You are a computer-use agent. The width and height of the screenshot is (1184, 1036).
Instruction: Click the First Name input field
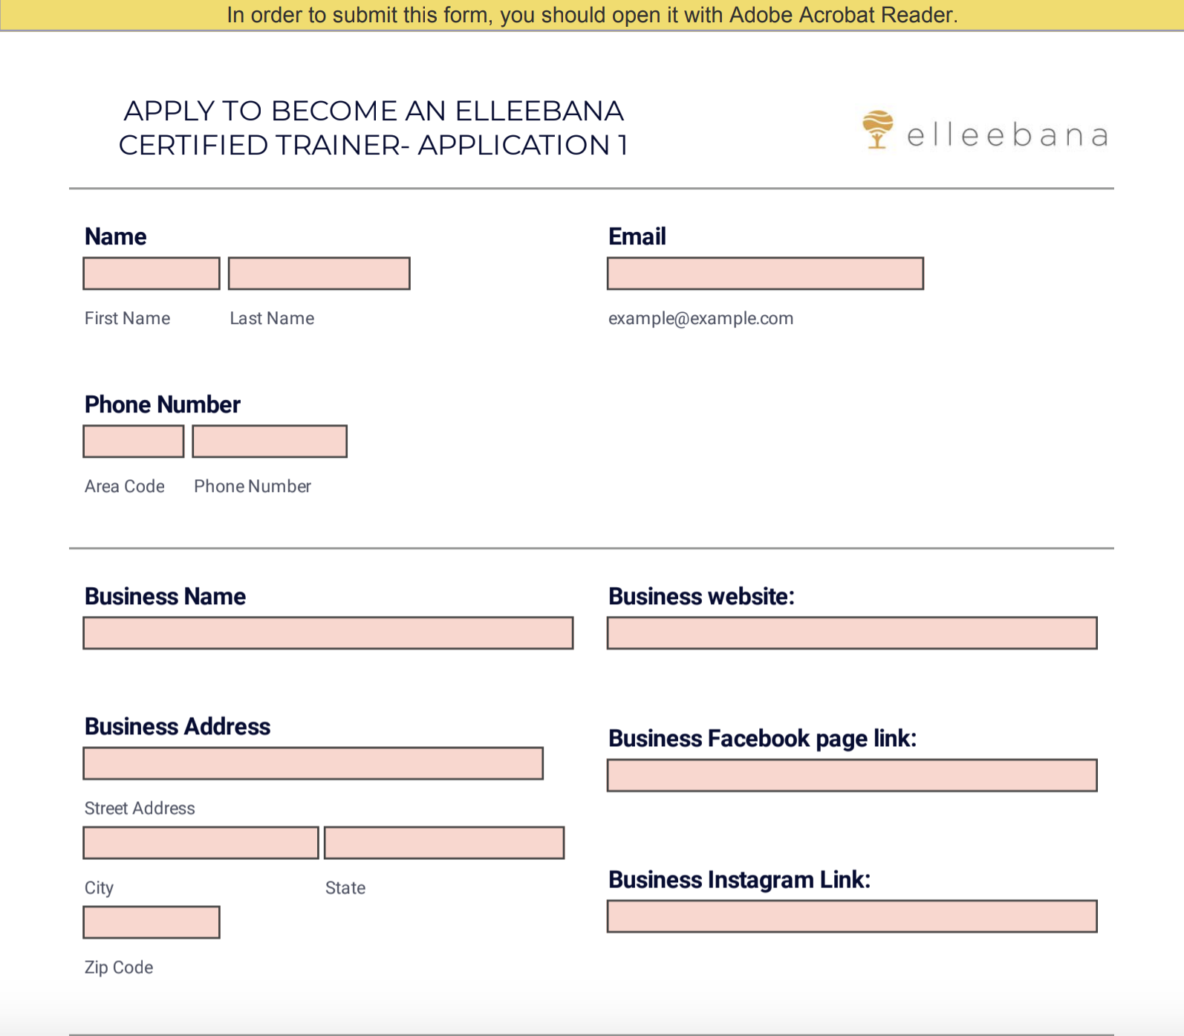pyautogui.click(x=152, y=273)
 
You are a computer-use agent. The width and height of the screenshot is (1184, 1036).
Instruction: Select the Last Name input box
pyautogui.click(x=319, y=273)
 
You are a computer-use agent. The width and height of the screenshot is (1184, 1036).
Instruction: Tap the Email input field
pyautogui.click(x=765, y=273)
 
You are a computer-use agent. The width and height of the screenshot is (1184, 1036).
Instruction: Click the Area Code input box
pyautogui.click(x=134, y=441)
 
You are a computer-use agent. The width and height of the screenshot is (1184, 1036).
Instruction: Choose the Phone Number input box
pyautogui.click(x=270, y=441)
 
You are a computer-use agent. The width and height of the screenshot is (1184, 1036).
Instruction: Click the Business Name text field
pyautogui.click(x=328, y=633)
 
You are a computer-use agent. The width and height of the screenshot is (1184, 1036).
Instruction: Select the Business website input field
pyautogui.click(x=852, y=633)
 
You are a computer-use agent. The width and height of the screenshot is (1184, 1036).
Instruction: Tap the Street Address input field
pyautogui.click(x=313, y=763)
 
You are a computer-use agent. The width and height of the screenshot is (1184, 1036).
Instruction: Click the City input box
pyautogui.click(x=201, y=843)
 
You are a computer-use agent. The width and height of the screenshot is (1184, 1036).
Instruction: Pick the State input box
pyautogui.click(x=444, y=843)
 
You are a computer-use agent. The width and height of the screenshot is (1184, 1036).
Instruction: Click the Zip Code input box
pyautogui.click(x=152, y=922)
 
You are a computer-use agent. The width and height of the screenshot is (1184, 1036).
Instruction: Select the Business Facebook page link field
pyautogui.click(x=852, y=775)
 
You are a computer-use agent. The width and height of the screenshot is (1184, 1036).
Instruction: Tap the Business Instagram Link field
pyautogui.click(x=852, y=916)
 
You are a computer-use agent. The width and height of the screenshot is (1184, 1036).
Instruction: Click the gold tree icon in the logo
pyautogui.click(x=877, y=129)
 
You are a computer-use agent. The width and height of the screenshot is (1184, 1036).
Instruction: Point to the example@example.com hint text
pyautogui.click(x=700, y=319)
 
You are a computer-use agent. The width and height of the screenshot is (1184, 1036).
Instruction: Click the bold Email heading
pyautogui.click(x=637, y=236)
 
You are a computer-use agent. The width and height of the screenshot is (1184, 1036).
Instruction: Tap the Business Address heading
pyautogui.click(x=178, y=726)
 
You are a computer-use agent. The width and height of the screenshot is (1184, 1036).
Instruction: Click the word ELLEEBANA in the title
pyautogui.click(x=539, y=111)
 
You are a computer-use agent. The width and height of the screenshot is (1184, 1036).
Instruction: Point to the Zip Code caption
pyautogui.click(x=119, y=968)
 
